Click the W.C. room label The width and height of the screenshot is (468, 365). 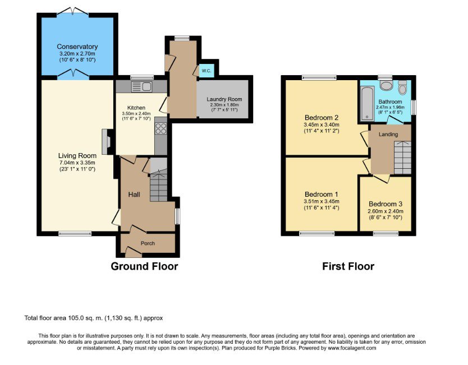(207, 71)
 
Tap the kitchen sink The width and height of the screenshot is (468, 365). (142, 87)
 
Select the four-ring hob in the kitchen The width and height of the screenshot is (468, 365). (161, 129)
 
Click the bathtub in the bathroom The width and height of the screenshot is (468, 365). (367, 104)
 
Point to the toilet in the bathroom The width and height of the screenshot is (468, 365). (403, 87)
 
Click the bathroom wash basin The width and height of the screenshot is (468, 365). (386, 85)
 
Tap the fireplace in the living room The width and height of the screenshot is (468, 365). (106, 141)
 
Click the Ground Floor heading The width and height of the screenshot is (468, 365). (144, 266)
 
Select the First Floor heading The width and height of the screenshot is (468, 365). (348, 266)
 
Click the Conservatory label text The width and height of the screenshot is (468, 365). (77, 47)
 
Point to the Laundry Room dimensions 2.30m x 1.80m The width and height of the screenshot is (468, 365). (224, 105)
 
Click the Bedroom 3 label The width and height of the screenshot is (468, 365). (386, 204)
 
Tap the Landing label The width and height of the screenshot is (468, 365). (388, 134)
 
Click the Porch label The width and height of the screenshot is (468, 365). (148, 243)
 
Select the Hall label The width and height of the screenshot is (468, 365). (134, 195)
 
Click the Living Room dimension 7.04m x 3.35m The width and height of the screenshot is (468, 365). (77, 163)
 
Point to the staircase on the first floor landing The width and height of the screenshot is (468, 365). (403, 158)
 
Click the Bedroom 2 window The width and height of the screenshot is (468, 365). (319, 78)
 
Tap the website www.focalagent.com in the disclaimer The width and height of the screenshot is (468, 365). (352, 348)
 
